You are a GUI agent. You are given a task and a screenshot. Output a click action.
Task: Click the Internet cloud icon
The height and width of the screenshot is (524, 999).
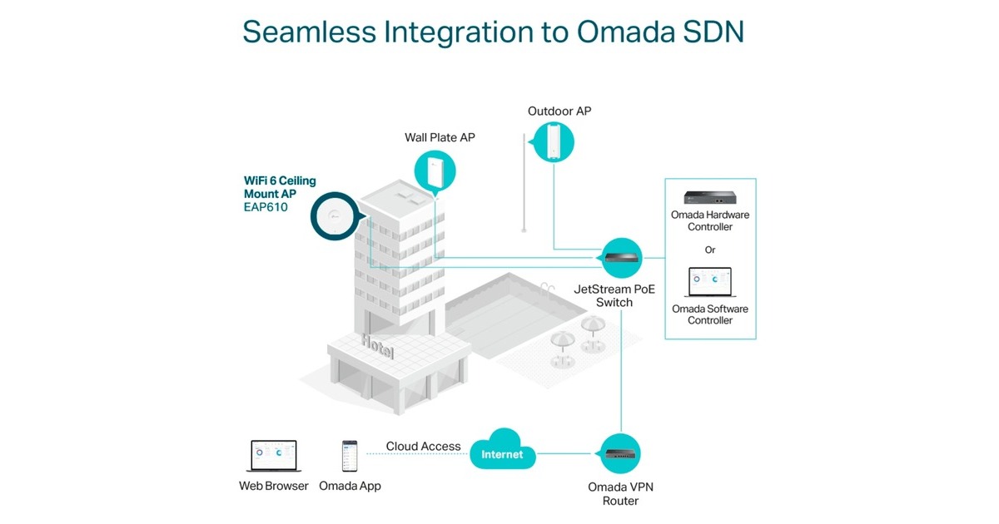click(x=502, y=453)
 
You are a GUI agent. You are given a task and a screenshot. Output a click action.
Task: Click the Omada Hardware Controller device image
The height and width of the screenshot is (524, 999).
click(x=709, y=197)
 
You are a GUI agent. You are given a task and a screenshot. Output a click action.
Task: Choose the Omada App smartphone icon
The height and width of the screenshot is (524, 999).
click(x=350, y=457)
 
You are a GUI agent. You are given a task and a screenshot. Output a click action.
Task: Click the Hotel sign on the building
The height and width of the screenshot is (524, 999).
click(x=379, y=346)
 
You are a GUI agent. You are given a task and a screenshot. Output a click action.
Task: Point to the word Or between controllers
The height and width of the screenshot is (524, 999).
click(x=709, y=250)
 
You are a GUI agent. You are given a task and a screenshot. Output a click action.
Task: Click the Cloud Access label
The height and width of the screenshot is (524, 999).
click(x=423, y=447)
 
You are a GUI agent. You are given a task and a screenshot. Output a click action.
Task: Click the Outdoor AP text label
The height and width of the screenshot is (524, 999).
click(x=559, y=111)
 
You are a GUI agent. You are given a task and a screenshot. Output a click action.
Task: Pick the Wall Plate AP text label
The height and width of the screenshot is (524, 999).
click(x=440, y=137)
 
